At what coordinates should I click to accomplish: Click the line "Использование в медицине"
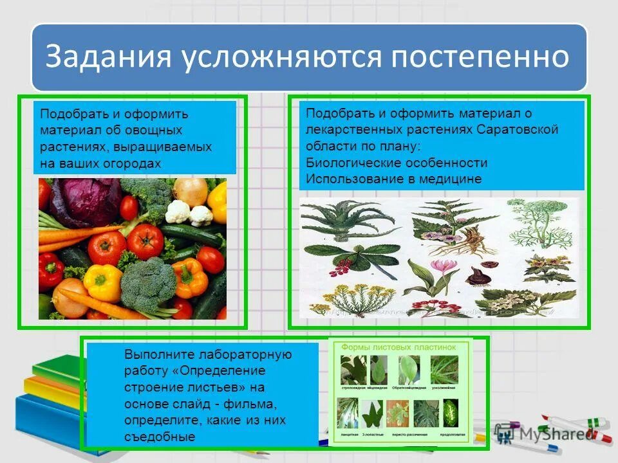click(x=393, y=179)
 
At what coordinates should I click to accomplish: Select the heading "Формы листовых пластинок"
click(x=398, y=347)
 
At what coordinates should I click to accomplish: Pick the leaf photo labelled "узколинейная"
click(x=444, y=370)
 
